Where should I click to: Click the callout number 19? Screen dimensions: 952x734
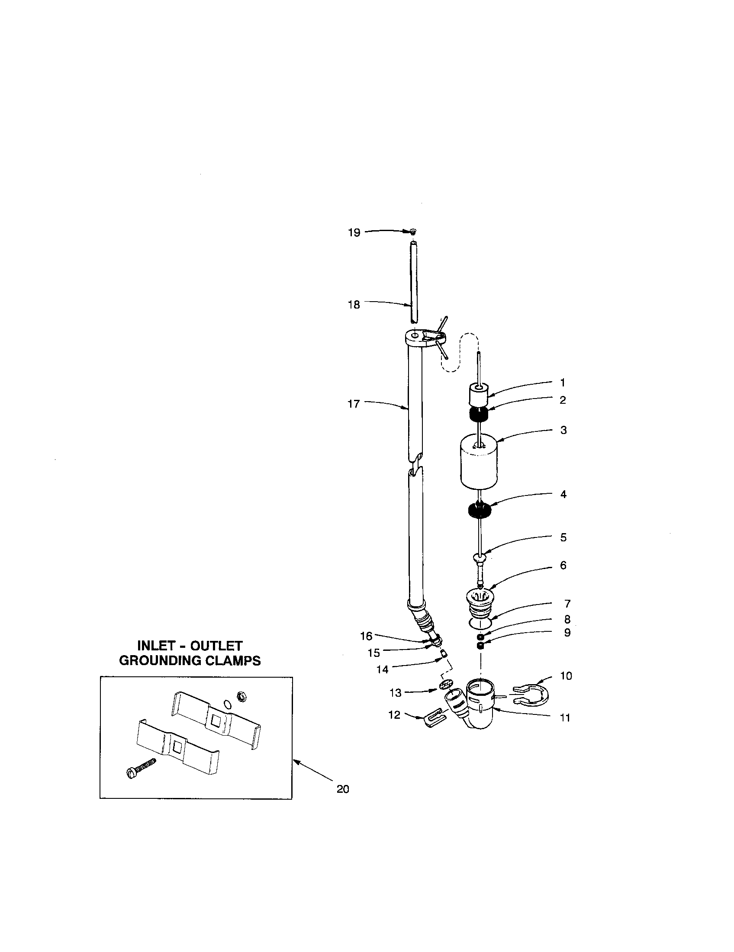pos(354,233)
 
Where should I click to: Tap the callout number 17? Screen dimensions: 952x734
pos(354,404)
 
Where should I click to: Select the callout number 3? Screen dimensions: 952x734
pos(563,430)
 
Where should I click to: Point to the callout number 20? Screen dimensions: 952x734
pos(343,789)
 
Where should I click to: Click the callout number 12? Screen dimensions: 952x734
pos(394,715)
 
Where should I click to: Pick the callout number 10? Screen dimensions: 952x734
pos(566,676)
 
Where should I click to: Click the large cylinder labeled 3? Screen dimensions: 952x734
pos(479,464)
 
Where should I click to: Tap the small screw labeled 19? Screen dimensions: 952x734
pos(413,232)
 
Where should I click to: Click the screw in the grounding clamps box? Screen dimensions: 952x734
pos(140,769)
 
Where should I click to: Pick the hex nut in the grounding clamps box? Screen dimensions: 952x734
pos(239,696)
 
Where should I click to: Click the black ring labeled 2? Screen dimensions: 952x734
pos(478,415)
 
